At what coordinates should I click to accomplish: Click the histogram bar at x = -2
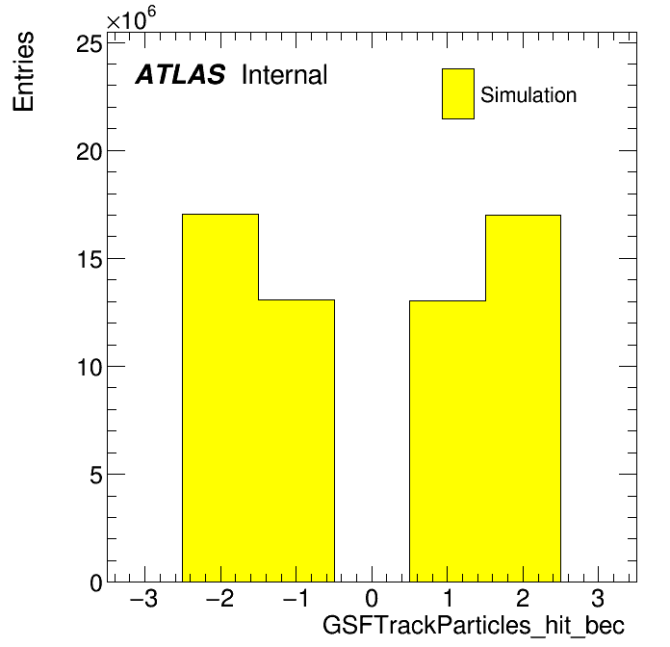coord(220,398)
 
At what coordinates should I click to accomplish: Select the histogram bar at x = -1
coord(296,441)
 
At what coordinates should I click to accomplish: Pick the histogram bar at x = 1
coord(448,442)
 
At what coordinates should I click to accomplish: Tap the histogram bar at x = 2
coord(523,399)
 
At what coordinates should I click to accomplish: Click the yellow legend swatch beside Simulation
coord(458,93)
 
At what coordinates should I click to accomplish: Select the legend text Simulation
coord(528,95)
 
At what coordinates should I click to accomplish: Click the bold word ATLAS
coord(180,74)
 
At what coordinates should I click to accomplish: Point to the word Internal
coord(285,74)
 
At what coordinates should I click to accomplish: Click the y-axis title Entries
coord(23,71)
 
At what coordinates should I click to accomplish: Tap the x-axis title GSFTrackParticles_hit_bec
coord(474,626)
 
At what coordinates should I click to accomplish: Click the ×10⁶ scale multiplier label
coord(131,18)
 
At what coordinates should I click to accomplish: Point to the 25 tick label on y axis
coord(90,44)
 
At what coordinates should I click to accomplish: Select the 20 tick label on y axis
coord(90,152)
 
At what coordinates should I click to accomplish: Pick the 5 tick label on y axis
coord(96,475)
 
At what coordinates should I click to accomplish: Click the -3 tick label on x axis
coord(144,599)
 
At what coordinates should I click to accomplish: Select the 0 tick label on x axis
coord(372,599)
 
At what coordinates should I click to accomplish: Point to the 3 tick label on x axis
coord(598,599)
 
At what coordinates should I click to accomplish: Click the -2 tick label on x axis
coord(220,599)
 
